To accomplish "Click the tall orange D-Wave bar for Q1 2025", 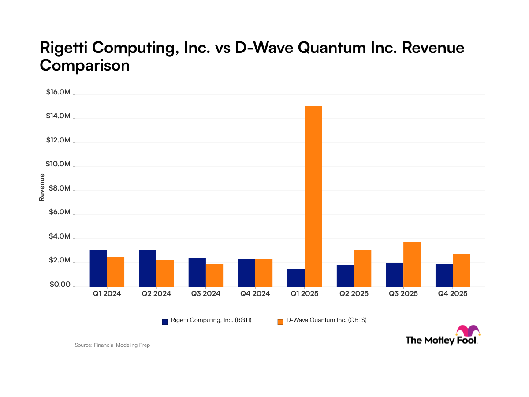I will pos(313,196).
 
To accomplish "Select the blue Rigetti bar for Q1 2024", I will pos(98,268).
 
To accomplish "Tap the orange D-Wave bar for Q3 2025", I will pos(412,264).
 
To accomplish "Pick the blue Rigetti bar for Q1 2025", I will pos(296,277).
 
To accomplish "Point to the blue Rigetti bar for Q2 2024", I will pos(148,268).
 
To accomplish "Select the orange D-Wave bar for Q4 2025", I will pos(461,270).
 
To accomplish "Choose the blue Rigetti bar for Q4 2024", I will pos(246,273).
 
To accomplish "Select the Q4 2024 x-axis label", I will pos(255,293).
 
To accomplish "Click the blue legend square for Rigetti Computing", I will pos(165,322).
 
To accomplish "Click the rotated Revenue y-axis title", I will pos(42,187).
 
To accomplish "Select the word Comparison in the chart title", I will pos(85,65).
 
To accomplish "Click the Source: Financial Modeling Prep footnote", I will pos(112,345).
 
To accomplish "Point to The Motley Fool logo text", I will pos(441,340).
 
